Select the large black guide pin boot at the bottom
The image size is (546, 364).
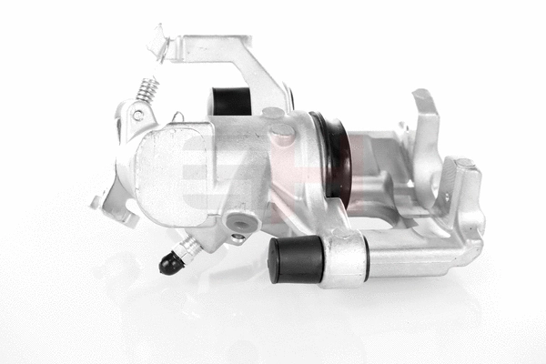[x=296, y=258]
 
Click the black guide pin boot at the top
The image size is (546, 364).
[x=231, y=101]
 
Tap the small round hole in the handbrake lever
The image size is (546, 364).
[x=137, y=116]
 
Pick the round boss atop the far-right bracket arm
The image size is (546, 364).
[x=466, y=166]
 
